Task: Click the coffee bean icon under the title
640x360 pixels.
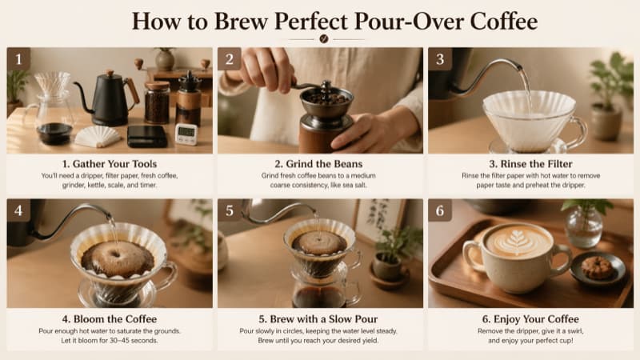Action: click(x=324, y=38)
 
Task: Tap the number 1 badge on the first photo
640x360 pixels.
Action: click(x=18, y=59)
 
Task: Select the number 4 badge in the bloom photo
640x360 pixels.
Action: click(x=18, y=210)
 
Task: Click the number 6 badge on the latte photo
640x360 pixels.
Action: click(x=440, y=210)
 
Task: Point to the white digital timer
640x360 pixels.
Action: click(x=186, y=134)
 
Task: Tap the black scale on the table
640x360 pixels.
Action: click(x=147, y=136)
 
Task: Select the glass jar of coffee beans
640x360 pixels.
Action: click(x=157, y=102)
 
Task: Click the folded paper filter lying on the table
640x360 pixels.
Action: click(x=97, y=136)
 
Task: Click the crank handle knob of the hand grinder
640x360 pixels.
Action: click(x=326, y=86)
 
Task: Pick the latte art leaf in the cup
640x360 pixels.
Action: click(x=516, y=241)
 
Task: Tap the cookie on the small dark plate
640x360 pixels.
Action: click(x=597, y=268)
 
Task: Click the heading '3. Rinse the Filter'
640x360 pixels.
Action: click(x=530, y=164)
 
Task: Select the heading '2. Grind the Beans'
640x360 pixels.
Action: click(x=318, y=164)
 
